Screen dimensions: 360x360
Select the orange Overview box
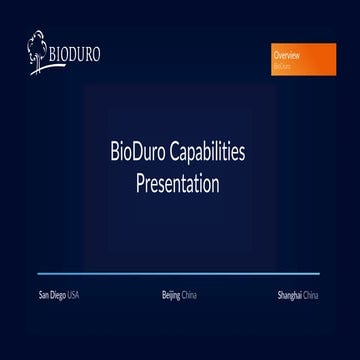pyautogui.click(x=301, y=58)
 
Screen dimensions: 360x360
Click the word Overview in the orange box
pyautogui.click(x=287, y=57)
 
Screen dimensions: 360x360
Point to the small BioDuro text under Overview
pyautogui.click(x=282, y=66)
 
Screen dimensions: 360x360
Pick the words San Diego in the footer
pyautogui.click(x=52, y=296)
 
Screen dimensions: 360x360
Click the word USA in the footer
pyautogui.click(x=73, y=296)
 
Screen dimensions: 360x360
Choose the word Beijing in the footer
pyautogui.click(x=171, y=296)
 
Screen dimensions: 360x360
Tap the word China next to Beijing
pyautogui.click(x=191, y=296)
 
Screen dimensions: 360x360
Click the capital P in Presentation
pyautogui.click(x=141, y=185)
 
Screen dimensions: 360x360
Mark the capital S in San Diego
pyautogui.click(x=40, y=296)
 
